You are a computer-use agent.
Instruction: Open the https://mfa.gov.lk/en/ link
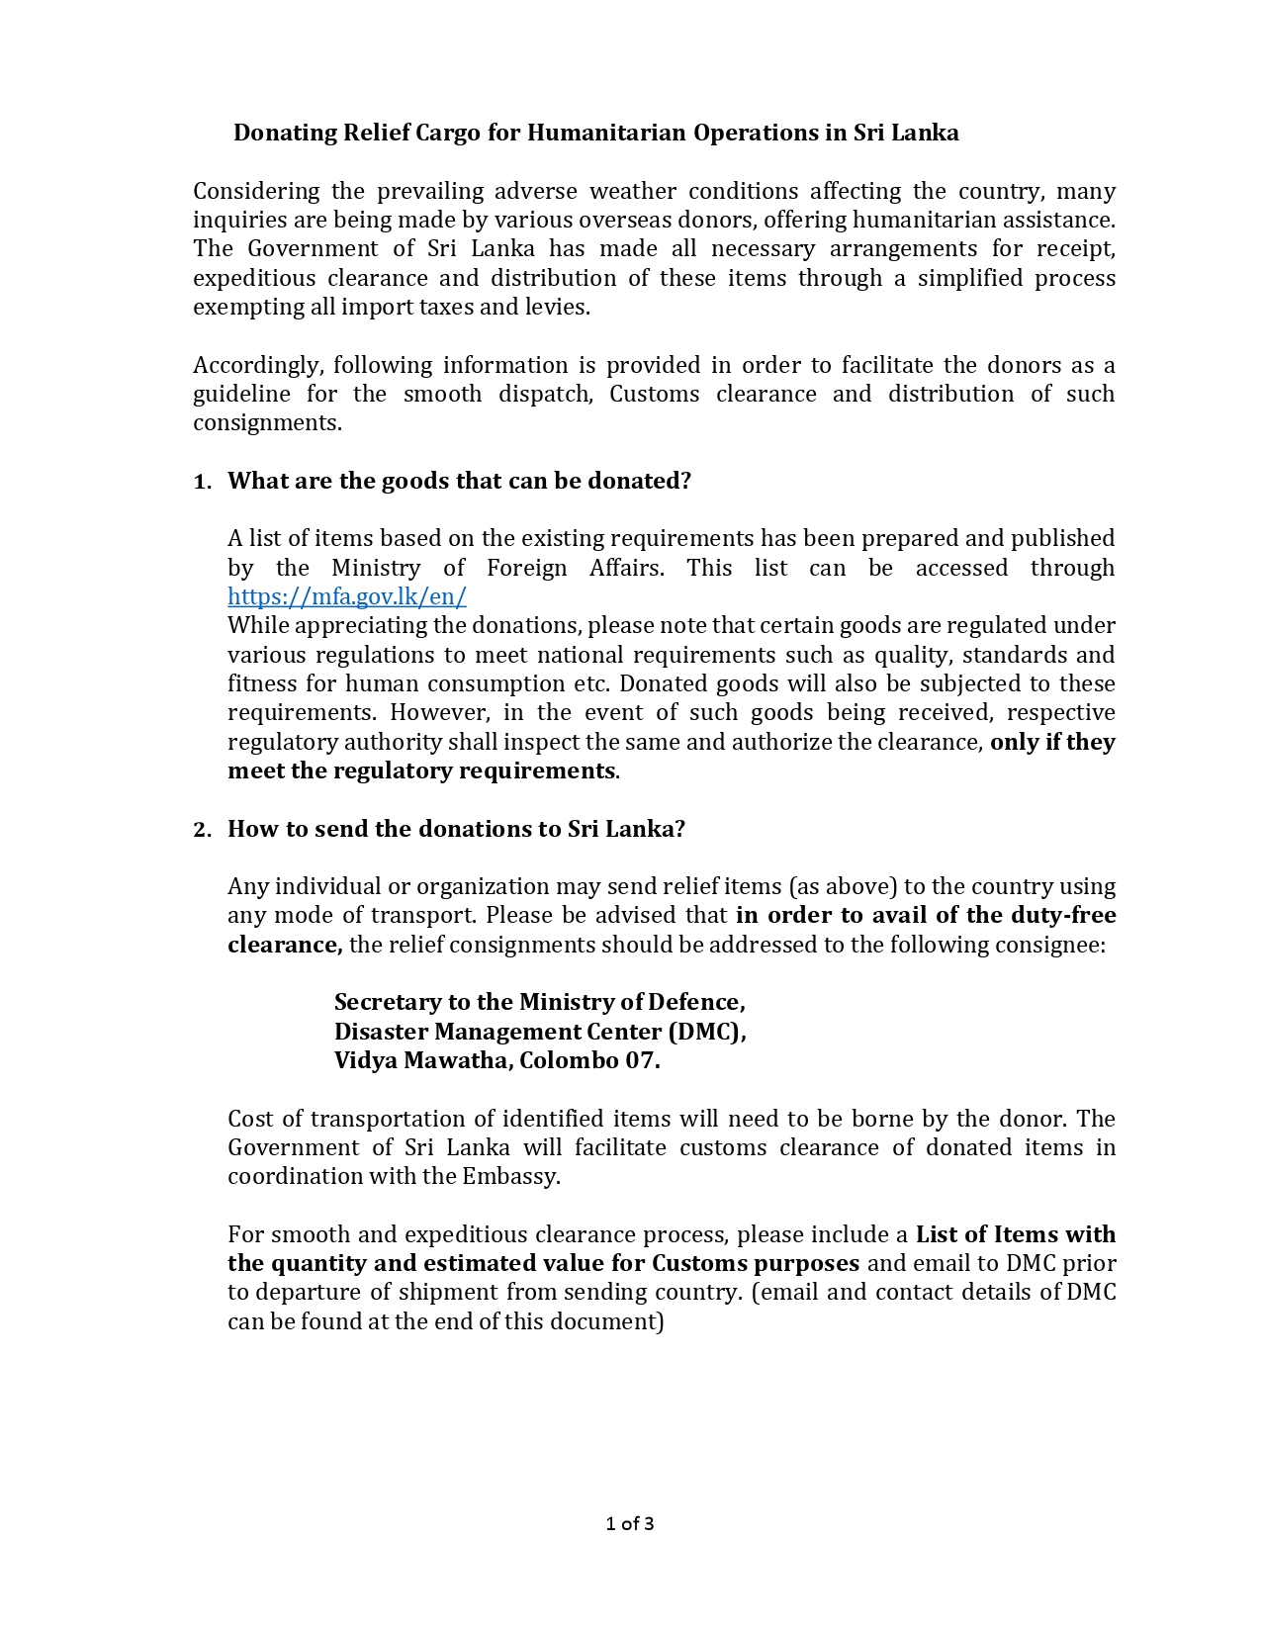(346, 596)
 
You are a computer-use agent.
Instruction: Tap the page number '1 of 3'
(630, 1523)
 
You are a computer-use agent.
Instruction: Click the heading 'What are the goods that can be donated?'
(459, 481)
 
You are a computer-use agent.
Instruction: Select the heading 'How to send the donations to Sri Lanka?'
(456, 829)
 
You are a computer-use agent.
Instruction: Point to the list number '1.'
(202, 482)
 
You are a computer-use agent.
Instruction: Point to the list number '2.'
(202, 830)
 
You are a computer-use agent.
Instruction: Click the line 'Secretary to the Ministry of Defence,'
(539, 1002)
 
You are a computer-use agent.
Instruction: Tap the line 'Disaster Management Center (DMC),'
(540, 1032)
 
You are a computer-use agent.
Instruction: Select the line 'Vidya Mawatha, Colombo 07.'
(496, 1060)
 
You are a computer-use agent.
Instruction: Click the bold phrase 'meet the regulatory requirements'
(421, 771)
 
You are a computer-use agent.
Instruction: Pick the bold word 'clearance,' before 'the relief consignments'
(285, 945)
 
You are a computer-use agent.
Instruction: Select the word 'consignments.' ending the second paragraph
(267, 423)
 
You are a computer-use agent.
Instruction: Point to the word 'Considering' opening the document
(256, 191)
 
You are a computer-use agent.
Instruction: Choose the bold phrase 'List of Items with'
(1015, 1234)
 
